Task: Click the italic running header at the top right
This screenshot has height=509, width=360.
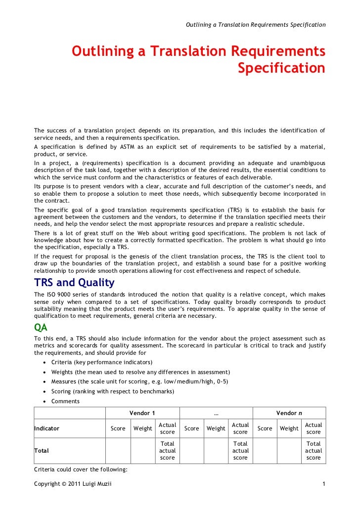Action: click(255, 24)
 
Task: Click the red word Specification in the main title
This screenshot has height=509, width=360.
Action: click(281, 68)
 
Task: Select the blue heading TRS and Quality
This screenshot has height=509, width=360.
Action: click(74, 283)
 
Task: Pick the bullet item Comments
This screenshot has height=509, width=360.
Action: click(65, 401)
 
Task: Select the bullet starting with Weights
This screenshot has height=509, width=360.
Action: click(140, 372)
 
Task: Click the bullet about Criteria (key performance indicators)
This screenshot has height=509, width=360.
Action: click(102, 362)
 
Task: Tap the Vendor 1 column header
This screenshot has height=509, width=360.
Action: click(142, 413)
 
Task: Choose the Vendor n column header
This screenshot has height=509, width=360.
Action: click(289, 413)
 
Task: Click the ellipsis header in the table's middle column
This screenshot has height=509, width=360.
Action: click(216, 413)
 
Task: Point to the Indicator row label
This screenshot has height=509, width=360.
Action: click(46, 428)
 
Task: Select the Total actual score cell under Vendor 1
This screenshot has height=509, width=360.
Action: click(167, 451)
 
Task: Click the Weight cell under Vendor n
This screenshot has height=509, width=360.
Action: click(289, 428)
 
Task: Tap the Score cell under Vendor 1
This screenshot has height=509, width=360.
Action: click(118, 428)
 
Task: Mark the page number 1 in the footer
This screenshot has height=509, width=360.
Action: click(323, 484)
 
